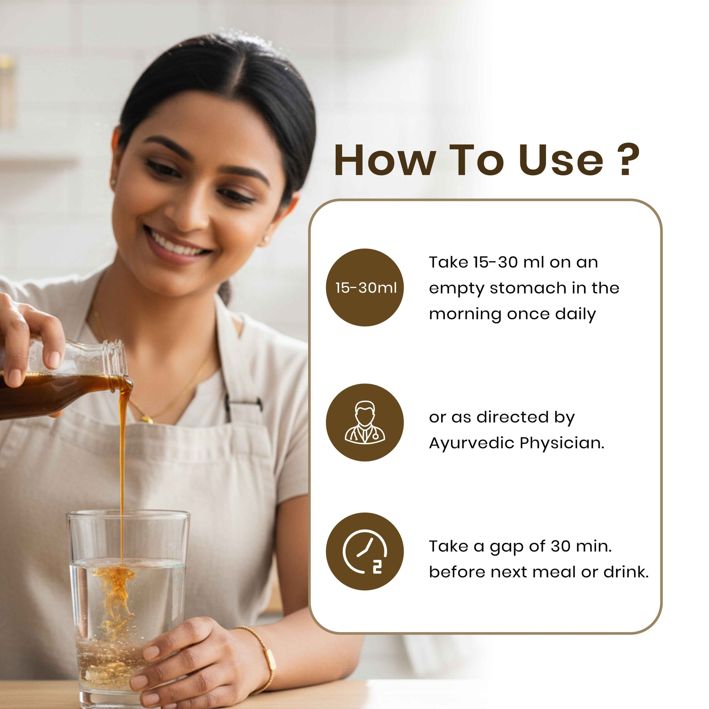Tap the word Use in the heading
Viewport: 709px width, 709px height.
click(x=561, y=160)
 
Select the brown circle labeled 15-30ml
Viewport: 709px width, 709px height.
click(x=365, y=287)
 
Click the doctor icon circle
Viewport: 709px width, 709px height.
click(x=365, y=422)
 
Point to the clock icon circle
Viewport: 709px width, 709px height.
click(x=365, y=551)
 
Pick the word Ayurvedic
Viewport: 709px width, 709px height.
click(x=471, y=443)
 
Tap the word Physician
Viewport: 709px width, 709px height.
click(x=562, y=443)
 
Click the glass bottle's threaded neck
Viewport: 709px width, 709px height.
click(x=114, y=358)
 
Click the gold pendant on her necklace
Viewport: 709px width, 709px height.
click(x=148, y=419)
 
